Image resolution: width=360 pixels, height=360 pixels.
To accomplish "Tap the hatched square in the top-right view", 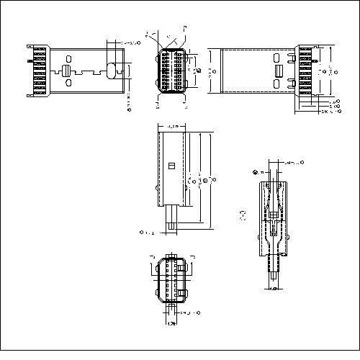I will tap(277, 71).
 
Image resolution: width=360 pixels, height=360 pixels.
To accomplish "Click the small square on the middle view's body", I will tap(171, 166).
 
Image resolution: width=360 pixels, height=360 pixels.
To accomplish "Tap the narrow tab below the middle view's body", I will tap(172, 218).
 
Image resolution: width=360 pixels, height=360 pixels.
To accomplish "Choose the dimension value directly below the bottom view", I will tap(171, 325).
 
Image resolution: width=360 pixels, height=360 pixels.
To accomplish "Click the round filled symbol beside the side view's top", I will tap(256, 171).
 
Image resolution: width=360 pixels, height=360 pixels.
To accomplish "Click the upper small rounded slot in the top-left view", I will tap(70, 59).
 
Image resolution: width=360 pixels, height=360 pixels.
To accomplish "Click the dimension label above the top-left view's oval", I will tap(129, 43).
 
